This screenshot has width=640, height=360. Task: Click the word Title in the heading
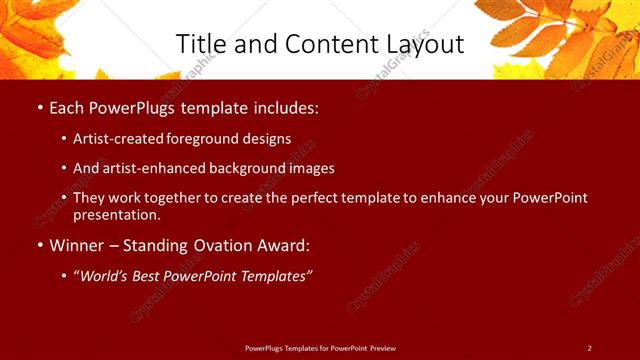[201, 44]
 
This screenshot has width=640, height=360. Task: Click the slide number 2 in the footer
[589, 348]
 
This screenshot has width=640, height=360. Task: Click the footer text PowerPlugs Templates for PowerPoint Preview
[320, 348]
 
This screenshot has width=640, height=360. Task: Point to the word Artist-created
[113, 139]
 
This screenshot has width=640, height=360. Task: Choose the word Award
[283, 245]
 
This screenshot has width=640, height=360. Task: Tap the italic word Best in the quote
[155, 275]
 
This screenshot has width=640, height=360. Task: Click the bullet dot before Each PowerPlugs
[39, 106]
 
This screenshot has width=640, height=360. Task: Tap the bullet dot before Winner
[39, 245]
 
